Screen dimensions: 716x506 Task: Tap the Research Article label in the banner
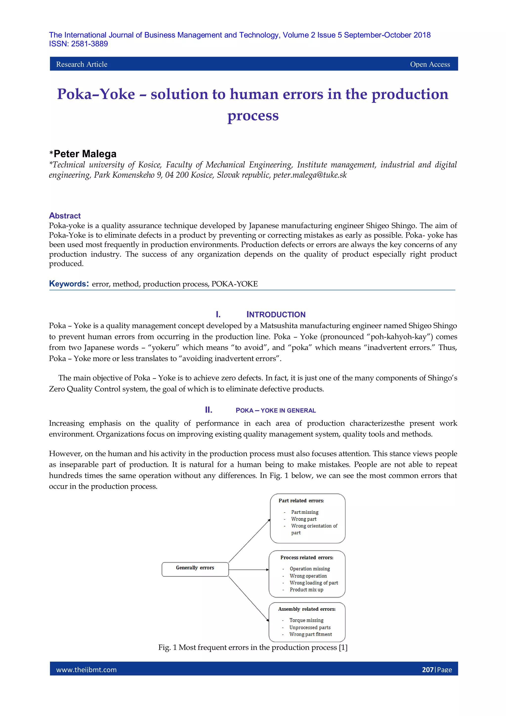(82, 64)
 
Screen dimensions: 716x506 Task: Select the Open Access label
(430, 64)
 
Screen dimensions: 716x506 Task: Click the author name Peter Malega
(85, 154)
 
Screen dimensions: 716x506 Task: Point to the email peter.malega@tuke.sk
(310, 175)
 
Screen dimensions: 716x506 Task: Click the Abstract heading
(65, 216)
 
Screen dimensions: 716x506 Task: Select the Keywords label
(68, 283)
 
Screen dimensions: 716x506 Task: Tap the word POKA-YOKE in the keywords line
(234, 284)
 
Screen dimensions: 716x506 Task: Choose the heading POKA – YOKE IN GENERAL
(275, 410)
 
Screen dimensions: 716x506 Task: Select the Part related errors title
(301, 500)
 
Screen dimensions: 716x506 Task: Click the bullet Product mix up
(306, 590)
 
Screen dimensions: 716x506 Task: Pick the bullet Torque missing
(306, 620)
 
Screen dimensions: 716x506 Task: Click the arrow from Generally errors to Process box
(249, 570)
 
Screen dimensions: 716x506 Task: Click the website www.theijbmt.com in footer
(86, 670)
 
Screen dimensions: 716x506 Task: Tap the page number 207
(427, 670)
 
